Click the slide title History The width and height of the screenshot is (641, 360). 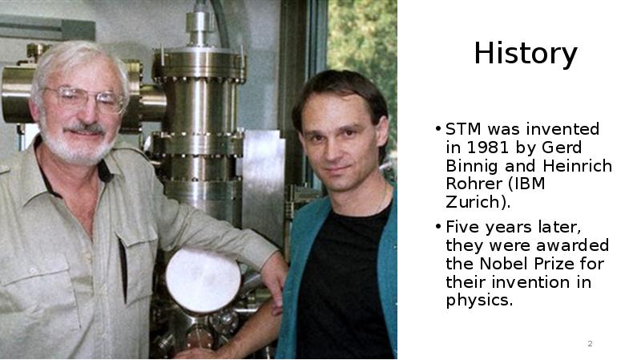(526, 53)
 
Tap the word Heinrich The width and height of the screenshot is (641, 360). (577, 166)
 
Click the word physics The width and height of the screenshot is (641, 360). (477, 301)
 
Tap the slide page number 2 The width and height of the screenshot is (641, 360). (590, 344)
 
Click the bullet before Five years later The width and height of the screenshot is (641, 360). (438, 226)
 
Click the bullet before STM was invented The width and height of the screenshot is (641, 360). (438, 128)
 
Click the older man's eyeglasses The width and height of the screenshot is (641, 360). (84, 99)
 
